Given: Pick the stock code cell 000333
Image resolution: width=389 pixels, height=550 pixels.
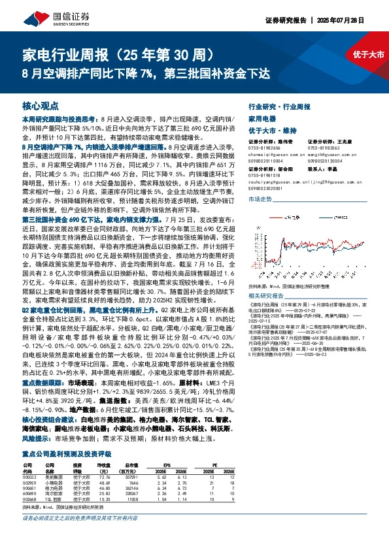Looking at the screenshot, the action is pos(30,477).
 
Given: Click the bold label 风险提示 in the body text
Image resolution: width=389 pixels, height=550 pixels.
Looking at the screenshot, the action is pos(38,440).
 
